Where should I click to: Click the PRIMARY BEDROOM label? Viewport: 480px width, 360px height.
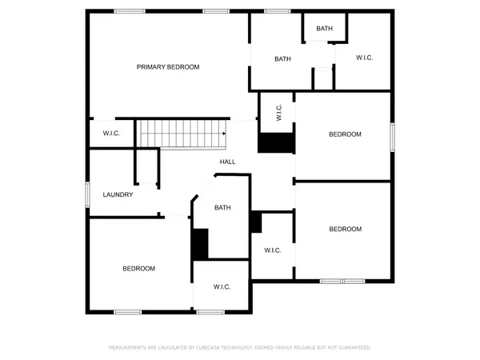[167, 67]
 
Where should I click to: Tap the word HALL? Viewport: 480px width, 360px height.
[228, 162]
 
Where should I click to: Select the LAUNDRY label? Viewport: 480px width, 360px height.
[118, 195]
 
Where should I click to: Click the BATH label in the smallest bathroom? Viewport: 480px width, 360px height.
[324, 29]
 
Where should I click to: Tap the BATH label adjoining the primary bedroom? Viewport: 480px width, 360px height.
[282, 58]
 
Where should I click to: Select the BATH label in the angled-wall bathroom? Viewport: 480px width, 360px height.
[222, 208]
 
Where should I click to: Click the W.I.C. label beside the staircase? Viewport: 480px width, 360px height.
[111, 134]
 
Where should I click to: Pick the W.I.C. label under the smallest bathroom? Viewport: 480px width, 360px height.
[364, 58]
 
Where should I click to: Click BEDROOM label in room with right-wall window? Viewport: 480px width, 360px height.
[345, 134]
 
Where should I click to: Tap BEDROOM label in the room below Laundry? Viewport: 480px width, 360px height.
[138, 269]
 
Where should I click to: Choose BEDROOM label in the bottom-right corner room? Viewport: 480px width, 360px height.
[345, 230]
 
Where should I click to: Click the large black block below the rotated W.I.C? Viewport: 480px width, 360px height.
[276, 142]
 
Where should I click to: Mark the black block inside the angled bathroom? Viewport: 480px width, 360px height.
[200, 244]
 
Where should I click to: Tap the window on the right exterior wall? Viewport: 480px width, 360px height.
[392, 136]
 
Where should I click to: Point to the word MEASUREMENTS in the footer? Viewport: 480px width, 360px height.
[129, 348]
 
